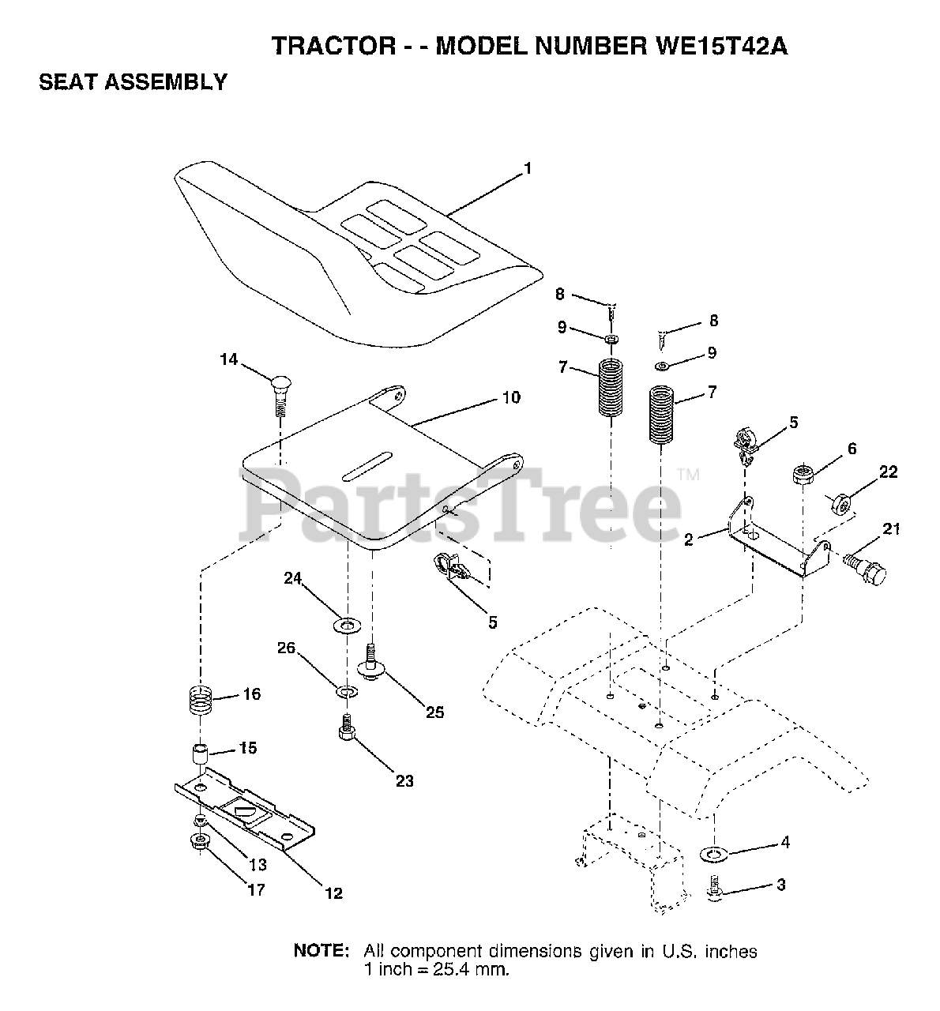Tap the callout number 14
point(228,360)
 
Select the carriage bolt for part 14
point(280,394)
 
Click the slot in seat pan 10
point(367,464)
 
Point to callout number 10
point(511,397)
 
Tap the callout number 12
point(333,893)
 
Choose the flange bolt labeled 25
point(370,662)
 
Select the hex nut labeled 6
point(803,476)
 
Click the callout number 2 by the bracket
point(689,540)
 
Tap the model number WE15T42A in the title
point(720,47)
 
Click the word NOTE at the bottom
point(321,951)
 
